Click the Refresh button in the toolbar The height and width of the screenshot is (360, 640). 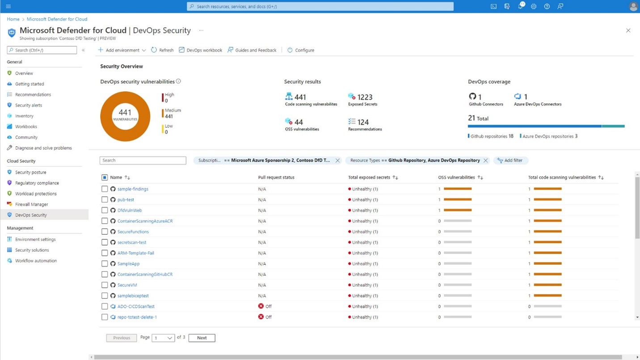[162, 50]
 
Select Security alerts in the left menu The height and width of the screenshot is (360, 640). [28, 105]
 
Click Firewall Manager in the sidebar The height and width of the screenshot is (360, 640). [31, 204]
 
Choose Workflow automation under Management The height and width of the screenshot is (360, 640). [36, 261]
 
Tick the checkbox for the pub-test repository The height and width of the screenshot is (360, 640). [105, 200]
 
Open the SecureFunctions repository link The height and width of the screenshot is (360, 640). [133, 232]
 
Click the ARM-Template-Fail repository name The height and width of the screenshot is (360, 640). [135, 253]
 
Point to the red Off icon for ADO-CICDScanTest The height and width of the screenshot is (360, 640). [261, 306]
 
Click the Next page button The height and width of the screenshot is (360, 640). [202, 338]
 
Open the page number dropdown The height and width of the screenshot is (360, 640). [163, 338]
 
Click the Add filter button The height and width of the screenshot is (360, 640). [510, 161]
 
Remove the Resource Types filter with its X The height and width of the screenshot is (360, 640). [485, 161]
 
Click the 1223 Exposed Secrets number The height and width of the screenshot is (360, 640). [365, 97]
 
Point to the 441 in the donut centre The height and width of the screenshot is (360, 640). [125, 113]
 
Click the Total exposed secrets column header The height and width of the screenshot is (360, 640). [369, 178]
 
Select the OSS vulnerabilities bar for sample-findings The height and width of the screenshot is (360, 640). [458, 189]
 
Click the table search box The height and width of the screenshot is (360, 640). [143, 161]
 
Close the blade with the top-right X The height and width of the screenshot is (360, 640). [628, 30]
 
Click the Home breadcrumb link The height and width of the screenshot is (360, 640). [13, 19]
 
